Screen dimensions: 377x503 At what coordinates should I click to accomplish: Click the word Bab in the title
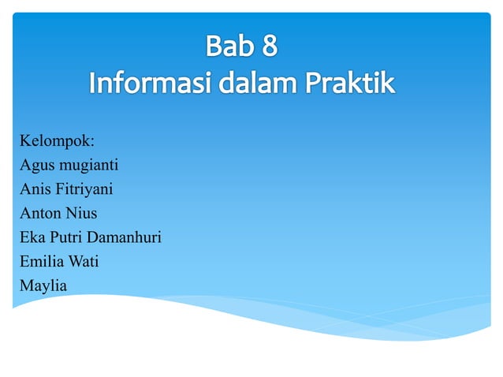pyautogui.click(x=229, y=48)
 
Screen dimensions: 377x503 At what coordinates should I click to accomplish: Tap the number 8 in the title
pyautogui.click(x=269, y=48)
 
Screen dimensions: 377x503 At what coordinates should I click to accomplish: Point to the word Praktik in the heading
pyautogui.click(x=348, y=83)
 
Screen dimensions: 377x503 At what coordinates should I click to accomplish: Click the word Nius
pyautogui.click(x=82, y=213)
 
